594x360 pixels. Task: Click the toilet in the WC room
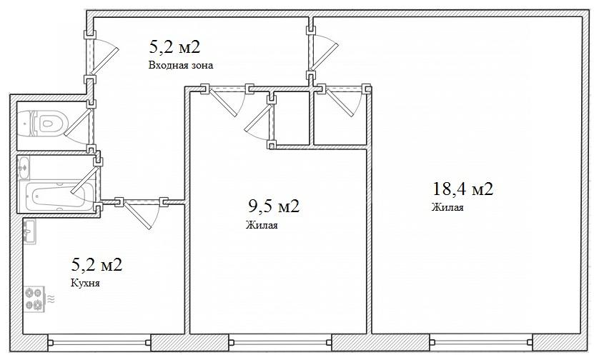[44, 123]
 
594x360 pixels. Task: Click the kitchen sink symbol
[29, 231]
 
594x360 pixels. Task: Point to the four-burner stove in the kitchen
[34, 299]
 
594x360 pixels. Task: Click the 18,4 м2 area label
[462, 189]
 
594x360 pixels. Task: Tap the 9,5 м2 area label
[274, 206]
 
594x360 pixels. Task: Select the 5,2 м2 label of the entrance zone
[174, 47]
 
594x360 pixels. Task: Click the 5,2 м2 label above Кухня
[96, 264]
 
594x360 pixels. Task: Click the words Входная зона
[181, 65]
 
